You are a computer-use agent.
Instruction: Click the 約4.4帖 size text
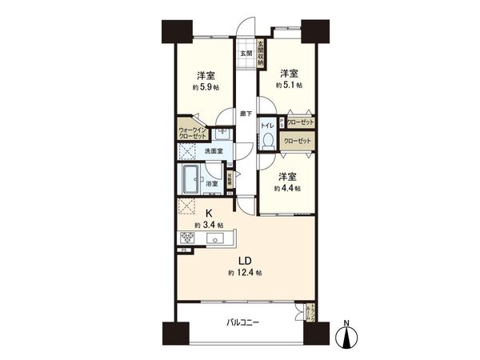click(x=286, y=188)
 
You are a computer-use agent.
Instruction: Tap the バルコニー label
click(x=242, y=323)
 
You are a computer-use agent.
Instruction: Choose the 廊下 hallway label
click(x=246, y=114)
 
